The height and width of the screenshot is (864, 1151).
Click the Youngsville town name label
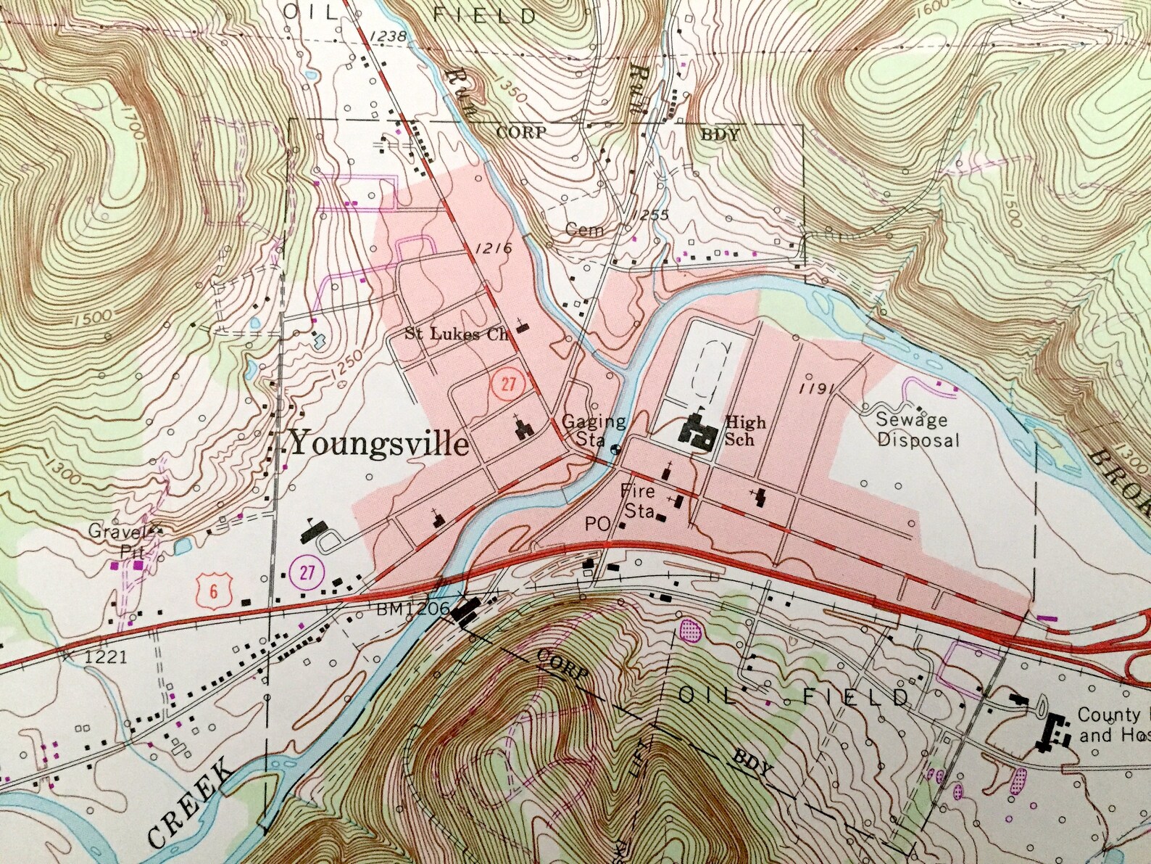click(379, 443)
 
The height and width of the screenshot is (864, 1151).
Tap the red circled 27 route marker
click(507, 382)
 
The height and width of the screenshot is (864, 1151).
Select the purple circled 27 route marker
click(307, 572)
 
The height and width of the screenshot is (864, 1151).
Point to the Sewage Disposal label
click(917, 429)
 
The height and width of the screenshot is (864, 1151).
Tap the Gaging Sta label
click(593, 430)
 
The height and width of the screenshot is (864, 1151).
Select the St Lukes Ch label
click(457, 334)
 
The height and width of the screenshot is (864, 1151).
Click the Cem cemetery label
click(583, 230)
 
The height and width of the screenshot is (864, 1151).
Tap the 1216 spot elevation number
click(494, 249)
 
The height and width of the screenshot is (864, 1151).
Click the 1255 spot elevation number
click(649, 215)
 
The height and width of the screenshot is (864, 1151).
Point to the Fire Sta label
click(638, 501)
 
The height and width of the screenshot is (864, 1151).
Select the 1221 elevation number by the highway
click(106, 657)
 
